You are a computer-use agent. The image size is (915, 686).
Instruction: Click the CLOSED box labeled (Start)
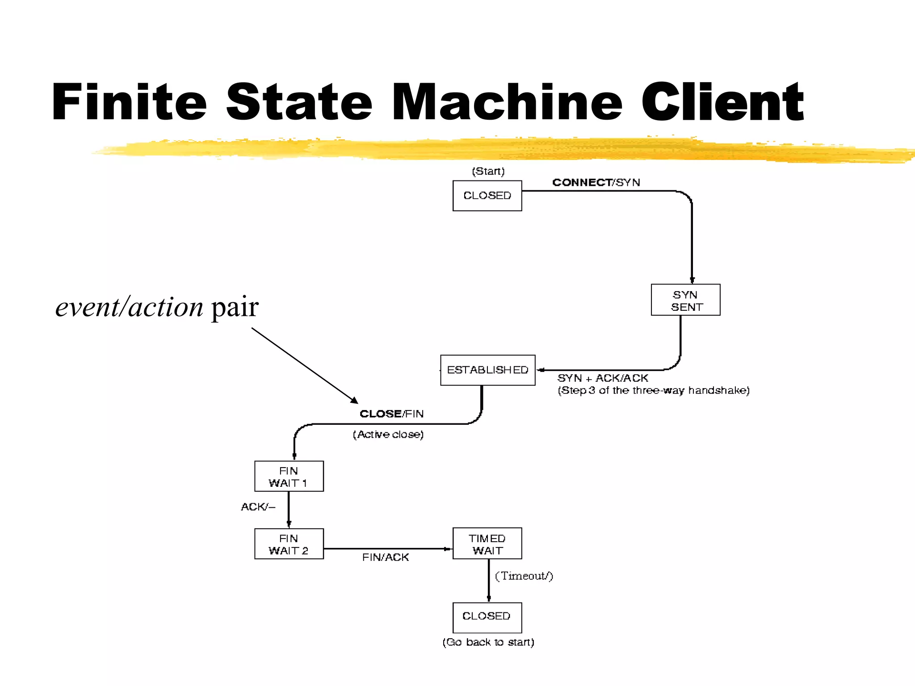point(487,196)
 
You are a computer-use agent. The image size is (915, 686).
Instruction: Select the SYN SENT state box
point(685,300)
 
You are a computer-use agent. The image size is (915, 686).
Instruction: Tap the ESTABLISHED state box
point(487,370)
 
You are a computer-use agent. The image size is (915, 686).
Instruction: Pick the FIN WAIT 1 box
point(289,477)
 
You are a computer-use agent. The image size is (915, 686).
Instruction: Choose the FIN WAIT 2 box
point(289,544)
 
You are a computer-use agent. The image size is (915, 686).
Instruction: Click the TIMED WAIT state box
point(487,544)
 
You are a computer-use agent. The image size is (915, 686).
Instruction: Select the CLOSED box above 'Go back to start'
point(487,617)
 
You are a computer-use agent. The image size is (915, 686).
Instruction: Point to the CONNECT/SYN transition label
point(596,182)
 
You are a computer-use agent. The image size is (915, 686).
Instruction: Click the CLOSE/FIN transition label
point(391,414)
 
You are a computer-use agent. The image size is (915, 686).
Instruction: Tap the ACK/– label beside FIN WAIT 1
point(258,506)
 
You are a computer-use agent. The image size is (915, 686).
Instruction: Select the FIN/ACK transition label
point(385,557)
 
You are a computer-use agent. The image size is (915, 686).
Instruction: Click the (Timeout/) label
point(524,576)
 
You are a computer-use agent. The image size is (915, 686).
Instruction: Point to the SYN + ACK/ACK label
point(602,378)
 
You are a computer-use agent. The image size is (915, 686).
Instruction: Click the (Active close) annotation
point(388,434)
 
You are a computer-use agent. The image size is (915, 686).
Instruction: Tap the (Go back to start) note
point(488,642)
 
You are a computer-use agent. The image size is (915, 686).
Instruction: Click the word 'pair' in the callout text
point(235,307)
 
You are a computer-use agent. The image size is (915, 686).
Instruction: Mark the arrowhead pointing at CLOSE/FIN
point(355,401)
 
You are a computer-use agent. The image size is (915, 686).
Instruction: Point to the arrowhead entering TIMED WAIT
point(448,549)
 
